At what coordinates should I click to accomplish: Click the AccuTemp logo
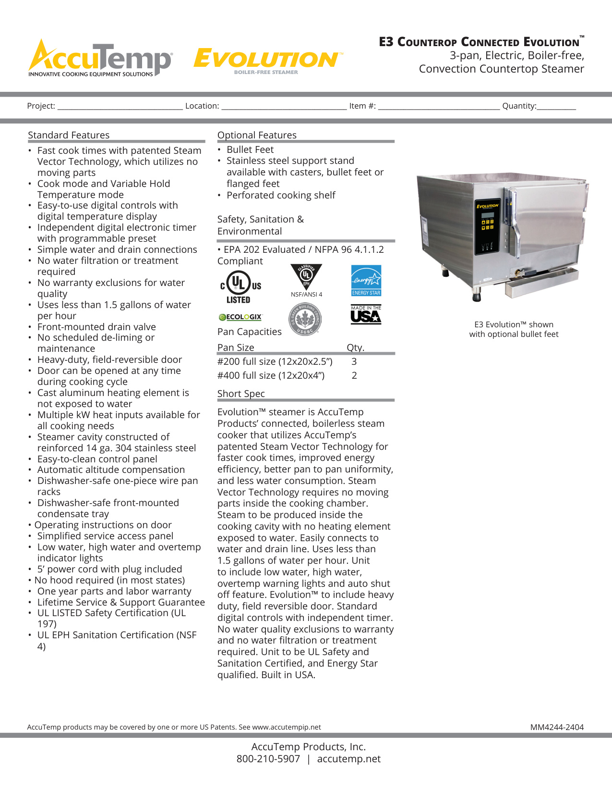point(100,59)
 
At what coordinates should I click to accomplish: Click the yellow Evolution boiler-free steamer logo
point(267,61)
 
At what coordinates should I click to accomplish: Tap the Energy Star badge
point(366,281)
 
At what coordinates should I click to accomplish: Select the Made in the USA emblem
point(366,315)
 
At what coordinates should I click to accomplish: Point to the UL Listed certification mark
point(240,287)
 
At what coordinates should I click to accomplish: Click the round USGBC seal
point(305,319)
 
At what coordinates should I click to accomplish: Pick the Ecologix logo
point(240,317)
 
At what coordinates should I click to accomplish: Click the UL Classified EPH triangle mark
point(306,276)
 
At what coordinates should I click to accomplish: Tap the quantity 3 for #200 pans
point(354,361)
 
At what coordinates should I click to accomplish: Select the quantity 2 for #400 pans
point(354,375)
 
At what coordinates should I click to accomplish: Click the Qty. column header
point(356,347)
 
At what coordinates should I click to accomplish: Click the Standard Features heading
point(69,135)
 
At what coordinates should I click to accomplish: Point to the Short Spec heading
point(241,394)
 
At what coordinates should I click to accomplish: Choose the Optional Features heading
point(257,135)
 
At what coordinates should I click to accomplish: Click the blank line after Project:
point(120,107)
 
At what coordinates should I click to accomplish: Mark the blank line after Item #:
point(439,107)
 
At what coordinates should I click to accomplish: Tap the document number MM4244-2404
point(557,727)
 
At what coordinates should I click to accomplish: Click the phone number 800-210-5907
point(268,759)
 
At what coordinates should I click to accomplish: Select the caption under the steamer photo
point(514,329)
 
